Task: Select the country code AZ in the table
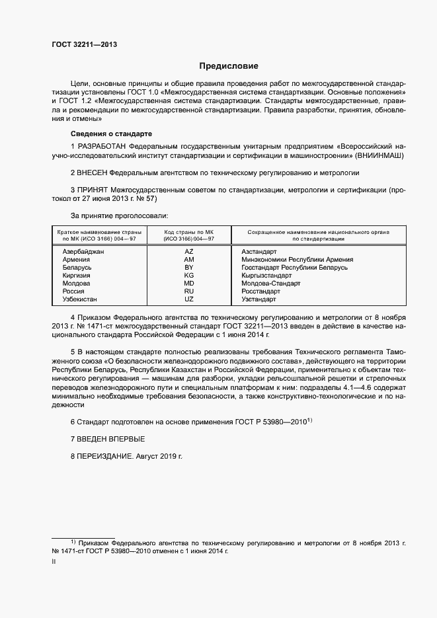point(189,252)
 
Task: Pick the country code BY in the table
point(189,268)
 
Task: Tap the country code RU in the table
point(189,291)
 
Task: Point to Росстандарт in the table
point(261,291)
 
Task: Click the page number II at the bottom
point(54,562)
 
